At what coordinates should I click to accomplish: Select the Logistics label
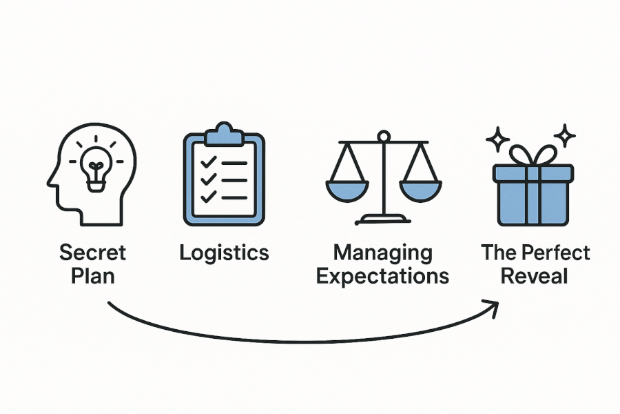pos(224,253)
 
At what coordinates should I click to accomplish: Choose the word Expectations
pos(383,276)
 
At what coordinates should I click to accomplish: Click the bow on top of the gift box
pos(533,155)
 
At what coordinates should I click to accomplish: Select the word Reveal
pos(534,276)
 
